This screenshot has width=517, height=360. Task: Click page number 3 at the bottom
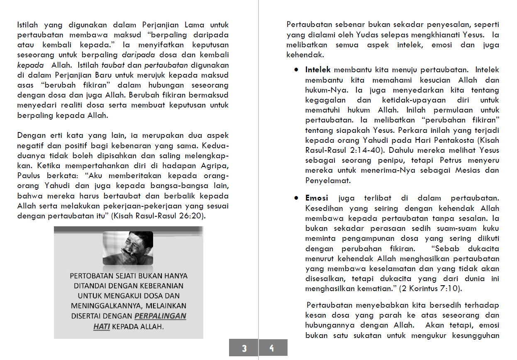[x=244, y=348]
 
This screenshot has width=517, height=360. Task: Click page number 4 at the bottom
[x=272, y=348]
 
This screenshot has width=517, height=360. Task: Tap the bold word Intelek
[x=318, y=70]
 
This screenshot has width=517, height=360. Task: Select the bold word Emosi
[x=317, y=198]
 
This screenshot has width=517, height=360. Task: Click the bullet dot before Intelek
[x=296, y=70]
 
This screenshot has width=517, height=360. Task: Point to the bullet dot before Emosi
[x=296, y=198]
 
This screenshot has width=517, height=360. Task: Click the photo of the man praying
[x=128, y=248]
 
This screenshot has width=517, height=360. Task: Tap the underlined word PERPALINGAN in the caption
[x=161, y=316]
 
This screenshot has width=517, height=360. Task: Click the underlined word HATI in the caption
[x=101, y=326]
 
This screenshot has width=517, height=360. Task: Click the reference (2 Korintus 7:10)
[x=427, y=289]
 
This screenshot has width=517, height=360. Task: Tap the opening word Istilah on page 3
[x=28, y=25]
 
